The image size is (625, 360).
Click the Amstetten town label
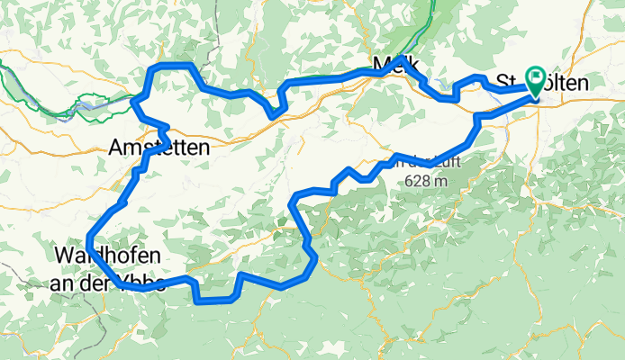point(159,147)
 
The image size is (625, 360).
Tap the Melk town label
point(394,64)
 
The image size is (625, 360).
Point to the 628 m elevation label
point(427,180)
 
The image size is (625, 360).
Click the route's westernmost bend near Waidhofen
point(89,238)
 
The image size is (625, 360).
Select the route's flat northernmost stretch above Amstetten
point(173,66)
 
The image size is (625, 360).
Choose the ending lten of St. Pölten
point(571,83)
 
